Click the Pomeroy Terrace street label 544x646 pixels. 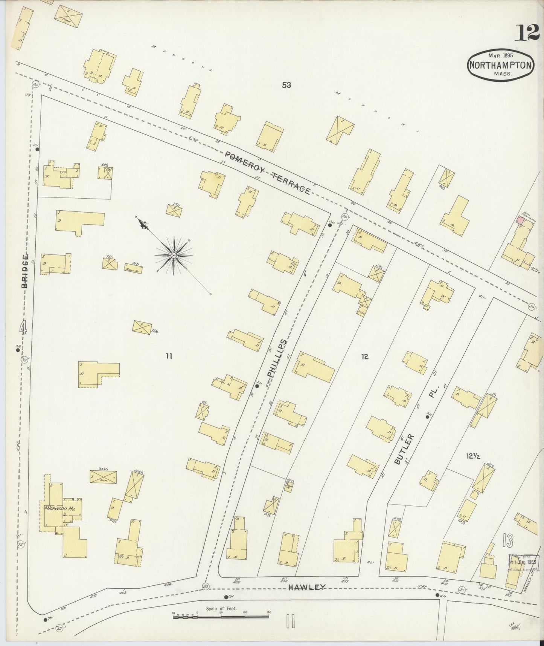coord(268,173)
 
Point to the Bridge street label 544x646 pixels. coord(25,271)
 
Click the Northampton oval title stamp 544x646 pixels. coord(501,65)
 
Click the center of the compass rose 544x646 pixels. coord(174,256)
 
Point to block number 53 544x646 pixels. coord(286,85)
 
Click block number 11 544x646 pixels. coord(169,355)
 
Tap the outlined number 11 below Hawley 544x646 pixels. coord(290,621)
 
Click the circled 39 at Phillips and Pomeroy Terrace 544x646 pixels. coord(344,216)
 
